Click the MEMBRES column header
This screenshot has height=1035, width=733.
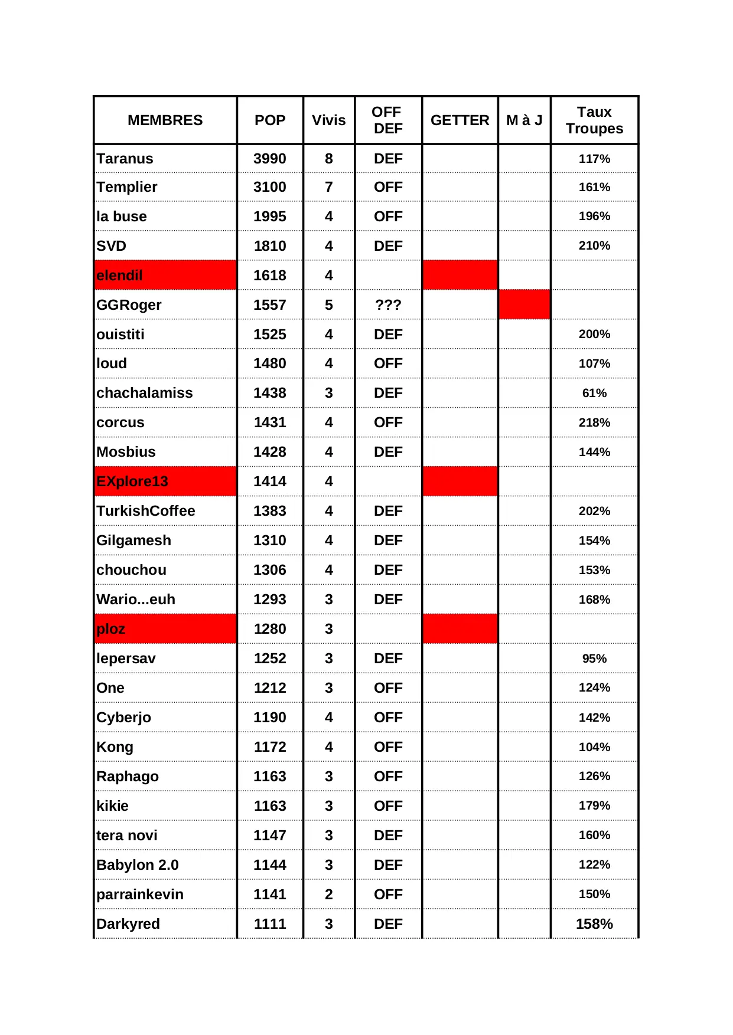tap(165, 120)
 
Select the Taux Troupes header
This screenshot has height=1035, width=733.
tap(594, 120)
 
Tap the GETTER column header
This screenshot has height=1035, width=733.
tap(460, 120)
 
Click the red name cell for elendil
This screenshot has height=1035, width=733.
tap(165, 276)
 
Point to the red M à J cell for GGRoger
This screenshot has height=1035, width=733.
tap(524, 304)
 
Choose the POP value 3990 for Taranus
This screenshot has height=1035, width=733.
tap(269, 159)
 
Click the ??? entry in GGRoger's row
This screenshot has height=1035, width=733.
tap(388, 305)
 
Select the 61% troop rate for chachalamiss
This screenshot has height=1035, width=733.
tap(594, 393)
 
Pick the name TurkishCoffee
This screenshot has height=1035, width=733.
tap(146, 511)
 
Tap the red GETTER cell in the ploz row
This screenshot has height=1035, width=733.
tap(460, 629)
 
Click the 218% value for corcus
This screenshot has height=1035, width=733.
tap(594, 422)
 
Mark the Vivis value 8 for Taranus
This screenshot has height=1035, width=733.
tap(328, 159)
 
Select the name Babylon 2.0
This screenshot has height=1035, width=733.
tap(138, 865)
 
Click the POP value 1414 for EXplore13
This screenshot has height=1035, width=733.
tap(269, 482)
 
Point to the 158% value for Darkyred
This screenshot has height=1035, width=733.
tap(594, 924)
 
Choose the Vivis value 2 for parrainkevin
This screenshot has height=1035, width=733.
tap(328, 895)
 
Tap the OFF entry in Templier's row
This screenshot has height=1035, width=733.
tap(388, 187)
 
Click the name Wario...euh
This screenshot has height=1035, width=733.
tap(136, 600)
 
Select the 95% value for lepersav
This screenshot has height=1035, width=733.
tap(594, 659)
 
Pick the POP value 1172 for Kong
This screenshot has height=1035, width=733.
tap(269, 747)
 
